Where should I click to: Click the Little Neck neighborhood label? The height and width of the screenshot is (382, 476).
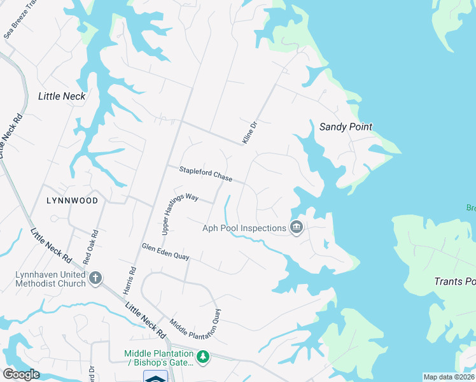62,96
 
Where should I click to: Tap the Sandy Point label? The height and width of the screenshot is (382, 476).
346,127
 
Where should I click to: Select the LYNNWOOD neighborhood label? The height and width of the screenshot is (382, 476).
72,201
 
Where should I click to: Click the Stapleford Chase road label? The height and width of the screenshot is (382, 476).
206,174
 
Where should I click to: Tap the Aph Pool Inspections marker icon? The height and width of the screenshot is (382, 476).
296,227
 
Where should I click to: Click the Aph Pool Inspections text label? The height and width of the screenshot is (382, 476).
244,229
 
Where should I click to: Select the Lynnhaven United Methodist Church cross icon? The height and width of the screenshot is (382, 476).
95,278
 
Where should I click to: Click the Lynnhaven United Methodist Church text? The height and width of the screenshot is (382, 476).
50,279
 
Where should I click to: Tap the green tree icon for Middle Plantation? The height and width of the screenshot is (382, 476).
203,357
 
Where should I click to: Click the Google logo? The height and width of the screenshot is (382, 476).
22,374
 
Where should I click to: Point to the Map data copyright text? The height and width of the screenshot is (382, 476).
448,377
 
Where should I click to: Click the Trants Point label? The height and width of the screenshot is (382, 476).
454,281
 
